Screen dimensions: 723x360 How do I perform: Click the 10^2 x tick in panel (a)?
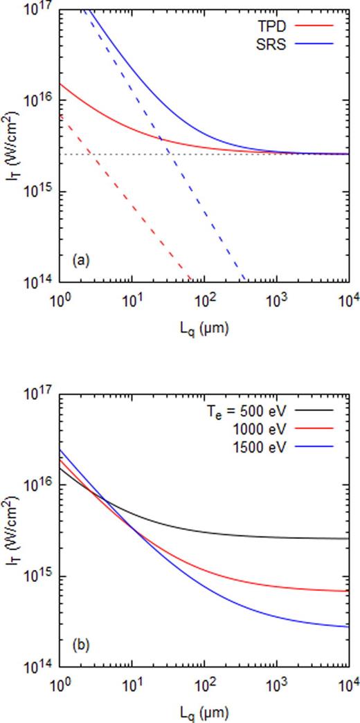[x=204, y=302]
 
